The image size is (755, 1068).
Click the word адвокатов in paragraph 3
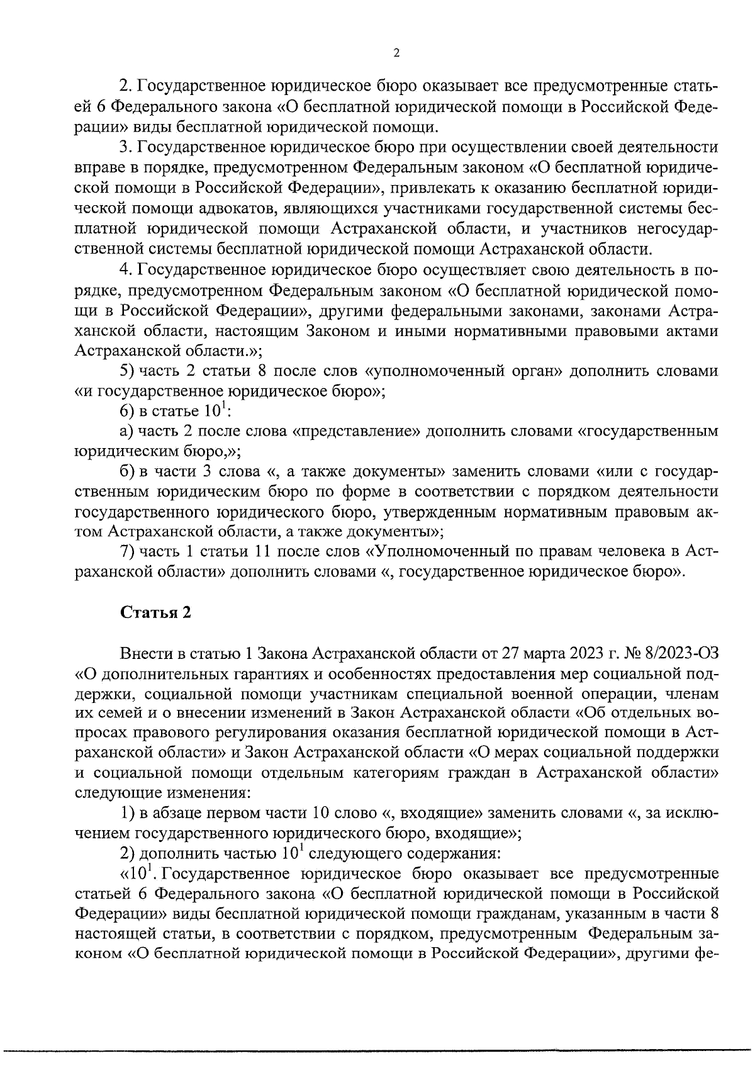[238, 208]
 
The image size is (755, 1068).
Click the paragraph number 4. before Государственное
[126, 270]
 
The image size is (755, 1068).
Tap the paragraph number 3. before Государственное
[126, 148]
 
